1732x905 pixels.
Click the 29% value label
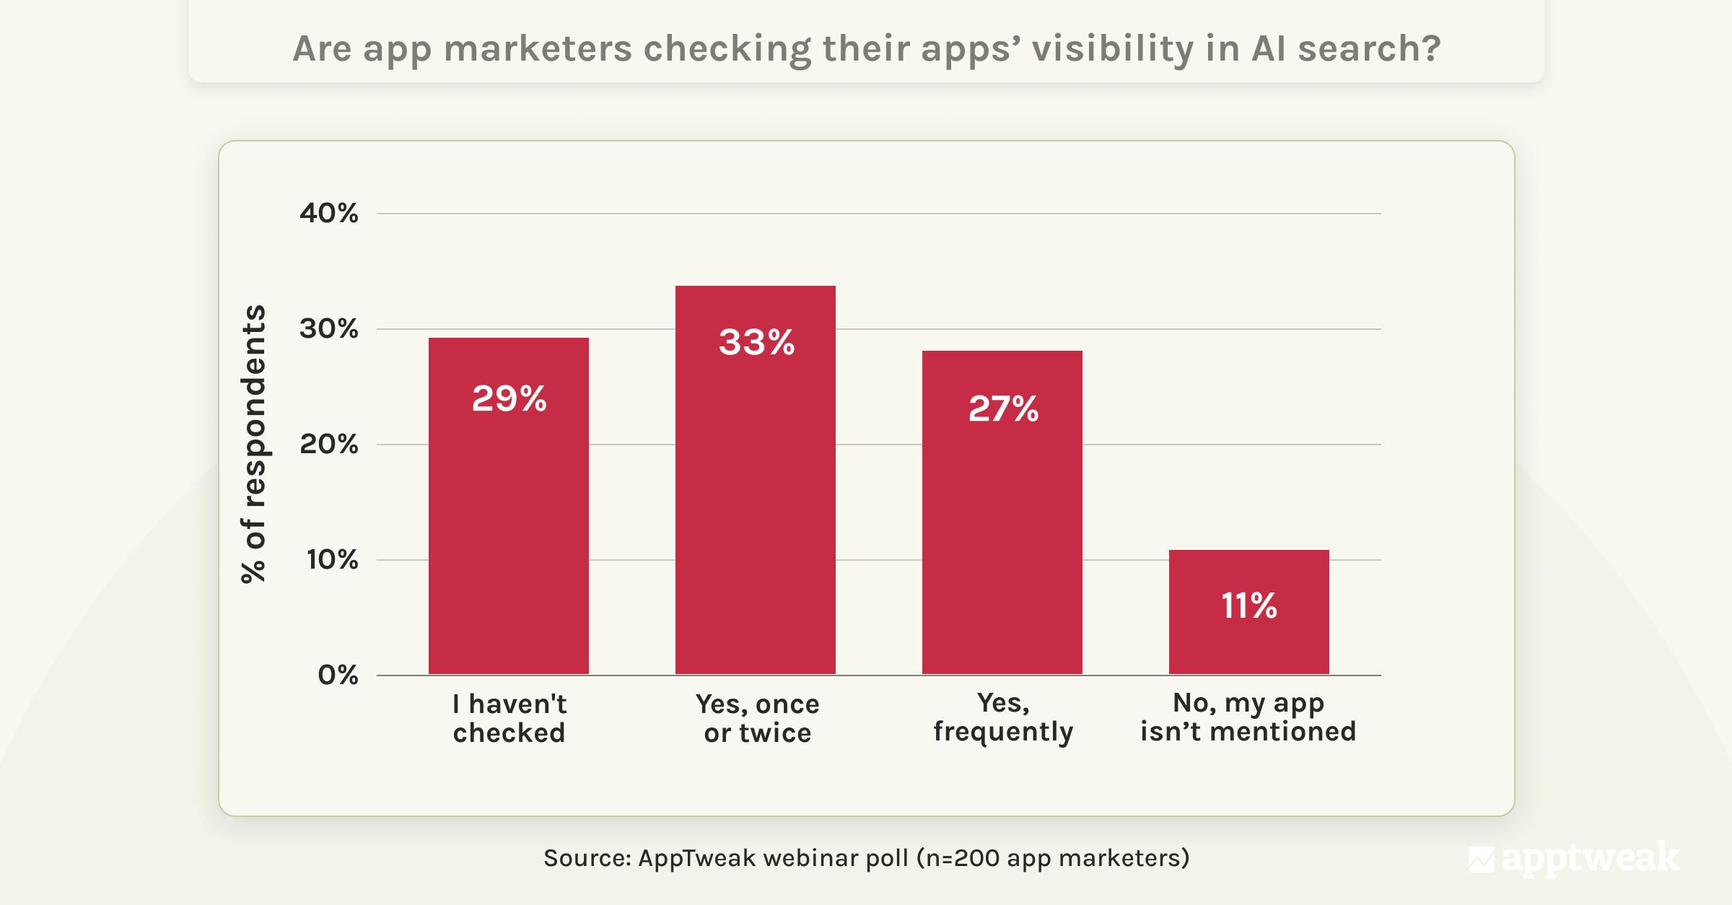(509, 398)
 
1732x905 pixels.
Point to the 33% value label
(756, 342)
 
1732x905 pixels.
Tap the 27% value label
(1003, 408)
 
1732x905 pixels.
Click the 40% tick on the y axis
(329, 213)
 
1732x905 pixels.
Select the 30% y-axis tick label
(329, 328)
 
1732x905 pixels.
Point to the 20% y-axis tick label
(329, 444)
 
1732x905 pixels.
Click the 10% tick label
(332, 559)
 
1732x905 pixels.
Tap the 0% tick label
(338, 675)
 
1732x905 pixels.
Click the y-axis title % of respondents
(253, 443)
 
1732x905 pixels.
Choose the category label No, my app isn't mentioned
(1248, 717)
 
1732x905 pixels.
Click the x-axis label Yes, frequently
(1003, 717)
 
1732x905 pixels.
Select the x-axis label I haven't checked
(509, 718)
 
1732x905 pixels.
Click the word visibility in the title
(1112, 48)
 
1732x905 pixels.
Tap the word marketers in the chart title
(537, 48)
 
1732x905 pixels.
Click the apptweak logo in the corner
(1573, 858)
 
